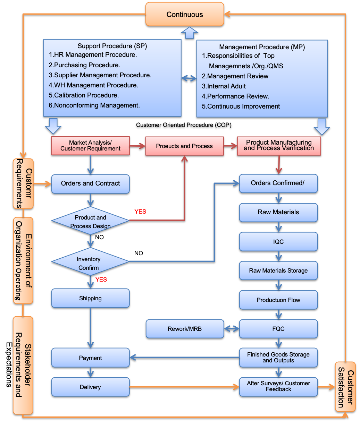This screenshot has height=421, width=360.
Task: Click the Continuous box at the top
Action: [x=184, y=14]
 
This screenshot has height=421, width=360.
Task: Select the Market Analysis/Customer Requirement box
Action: [x=90, y=146]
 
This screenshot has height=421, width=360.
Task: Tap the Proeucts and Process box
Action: [x=184, y=146]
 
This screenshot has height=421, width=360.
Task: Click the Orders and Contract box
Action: [x=90, y=183]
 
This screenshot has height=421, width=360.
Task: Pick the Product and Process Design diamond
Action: [x=90, y=222]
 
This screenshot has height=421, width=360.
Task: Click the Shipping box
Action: [x=90, y=298]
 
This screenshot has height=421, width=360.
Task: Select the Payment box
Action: [x=90, y=358]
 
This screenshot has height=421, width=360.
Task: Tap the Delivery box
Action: [x=90, y=387]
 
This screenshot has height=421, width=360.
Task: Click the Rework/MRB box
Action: [x=184, y=329]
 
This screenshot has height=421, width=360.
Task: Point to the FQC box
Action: [x=278, y=329]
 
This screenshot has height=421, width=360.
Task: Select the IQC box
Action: [x=278, y=242]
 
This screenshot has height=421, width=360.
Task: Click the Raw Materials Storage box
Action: [x=278, y=270]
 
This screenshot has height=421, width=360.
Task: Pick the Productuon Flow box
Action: [x=278, y=300]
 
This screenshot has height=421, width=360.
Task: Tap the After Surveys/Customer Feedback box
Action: [x=278, y=386]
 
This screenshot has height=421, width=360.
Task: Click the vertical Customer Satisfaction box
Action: [x=345, y=387]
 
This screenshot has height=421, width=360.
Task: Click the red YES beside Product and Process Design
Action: [x=140, y=212]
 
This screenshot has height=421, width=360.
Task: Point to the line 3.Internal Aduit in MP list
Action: [x=224, y=86]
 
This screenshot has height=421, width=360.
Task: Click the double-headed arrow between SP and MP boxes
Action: [x=189, y=78]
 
